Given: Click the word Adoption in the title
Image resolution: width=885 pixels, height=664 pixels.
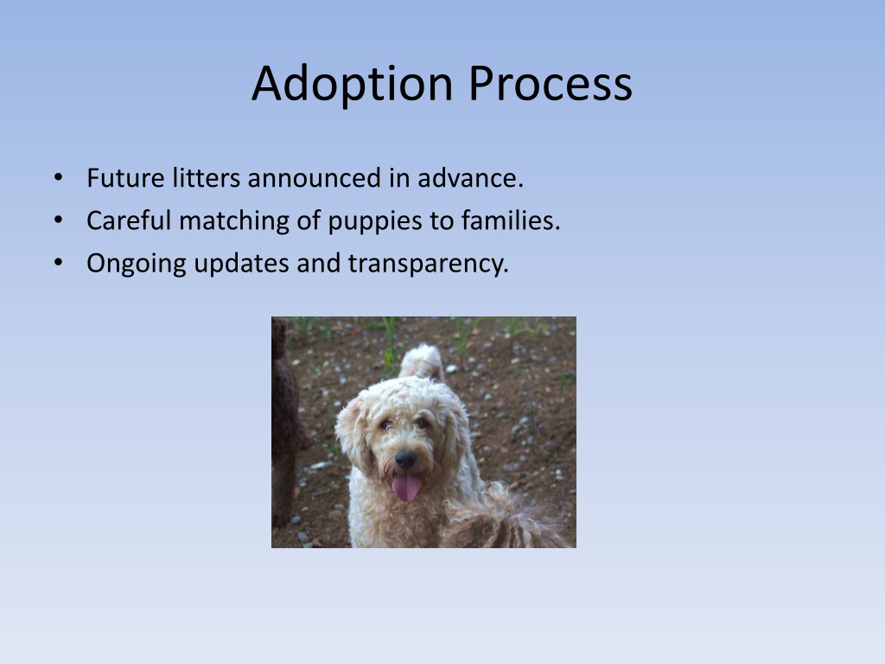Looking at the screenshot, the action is (353, 84).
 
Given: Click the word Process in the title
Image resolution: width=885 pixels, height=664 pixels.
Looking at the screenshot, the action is (551, 83).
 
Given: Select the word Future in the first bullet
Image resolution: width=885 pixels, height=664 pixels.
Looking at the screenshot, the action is (125, 178).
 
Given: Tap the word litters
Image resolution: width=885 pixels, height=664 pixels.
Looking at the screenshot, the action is (207, 178).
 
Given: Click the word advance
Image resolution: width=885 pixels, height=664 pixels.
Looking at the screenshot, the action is (471, 178).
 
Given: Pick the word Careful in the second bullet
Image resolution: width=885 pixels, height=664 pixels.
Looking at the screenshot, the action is (129, 220).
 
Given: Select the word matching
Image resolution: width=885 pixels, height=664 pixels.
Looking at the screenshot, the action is (234, 221).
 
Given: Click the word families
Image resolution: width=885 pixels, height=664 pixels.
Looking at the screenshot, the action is (511, 220).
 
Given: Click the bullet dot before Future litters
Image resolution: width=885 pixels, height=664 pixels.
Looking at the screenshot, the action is (58, 177).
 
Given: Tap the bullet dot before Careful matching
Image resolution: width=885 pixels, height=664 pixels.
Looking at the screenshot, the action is (58, 220).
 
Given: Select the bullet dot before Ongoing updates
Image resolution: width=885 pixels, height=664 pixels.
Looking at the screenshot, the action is (58, 262).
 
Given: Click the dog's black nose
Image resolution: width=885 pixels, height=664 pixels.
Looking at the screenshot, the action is (405, 459).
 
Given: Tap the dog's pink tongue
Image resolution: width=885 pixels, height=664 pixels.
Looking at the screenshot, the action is (406, 487).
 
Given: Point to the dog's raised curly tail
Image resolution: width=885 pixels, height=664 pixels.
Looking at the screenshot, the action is (421, 362).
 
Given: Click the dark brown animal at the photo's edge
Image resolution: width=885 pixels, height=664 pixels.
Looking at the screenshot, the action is (287, 424).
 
